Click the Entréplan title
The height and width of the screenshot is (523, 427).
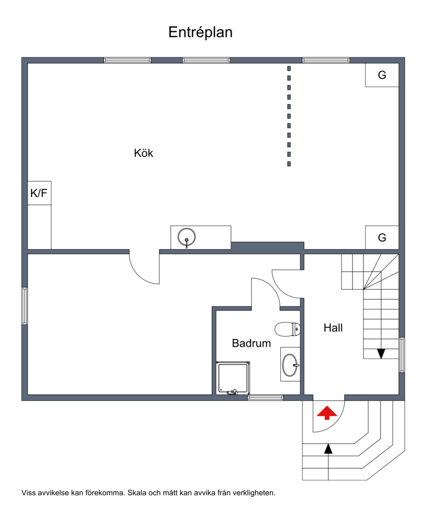[x=200, y=33]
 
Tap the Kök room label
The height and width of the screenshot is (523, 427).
[x=144, y=153]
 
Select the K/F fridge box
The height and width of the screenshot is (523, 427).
[x=39, y=193]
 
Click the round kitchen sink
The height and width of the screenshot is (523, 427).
[x=186, y=237]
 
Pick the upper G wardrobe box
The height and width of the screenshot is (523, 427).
[x=382, y=75]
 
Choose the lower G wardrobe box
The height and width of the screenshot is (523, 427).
[x=382, y=237]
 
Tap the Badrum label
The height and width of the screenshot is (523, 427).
[x=251, y=343]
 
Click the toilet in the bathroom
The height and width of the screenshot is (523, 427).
[x=287, y=329]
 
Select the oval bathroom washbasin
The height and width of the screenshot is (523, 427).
[x=290, y=365]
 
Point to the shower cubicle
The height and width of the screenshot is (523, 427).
[x=233, y=378]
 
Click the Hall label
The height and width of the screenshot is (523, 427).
[x=333, y=328]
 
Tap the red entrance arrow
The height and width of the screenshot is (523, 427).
[x=327, y=413]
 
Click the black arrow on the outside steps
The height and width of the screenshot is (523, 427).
[x=329, y=449]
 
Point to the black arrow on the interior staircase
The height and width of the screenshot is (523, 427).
[x=381, y=353]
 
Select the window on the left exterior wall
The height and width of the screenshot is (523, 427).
[x=25, y=306]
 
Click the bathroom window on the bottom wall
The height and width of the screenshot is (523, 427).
[x=265, y=398]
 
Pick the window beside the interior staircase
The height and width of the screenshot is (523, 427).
[x=402, y=355]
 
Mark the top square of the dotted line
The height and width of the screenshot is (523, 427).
[x=289, y=68]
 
